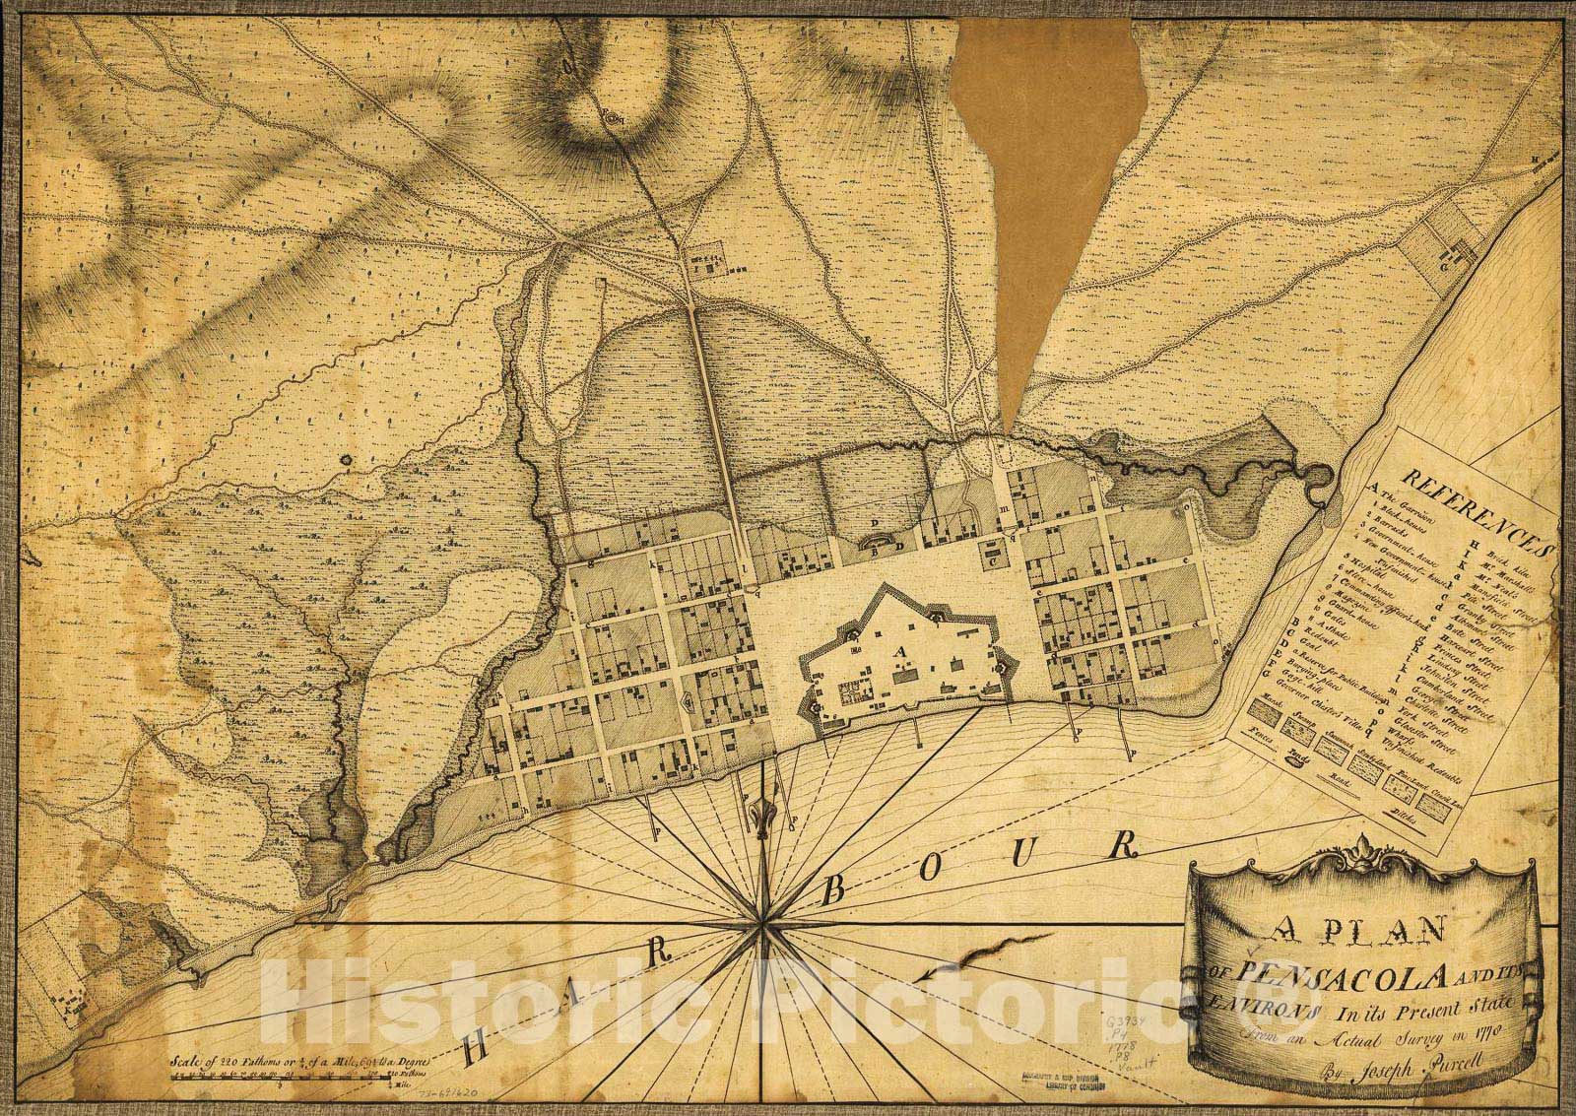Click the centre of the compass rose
pos(759,922)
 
